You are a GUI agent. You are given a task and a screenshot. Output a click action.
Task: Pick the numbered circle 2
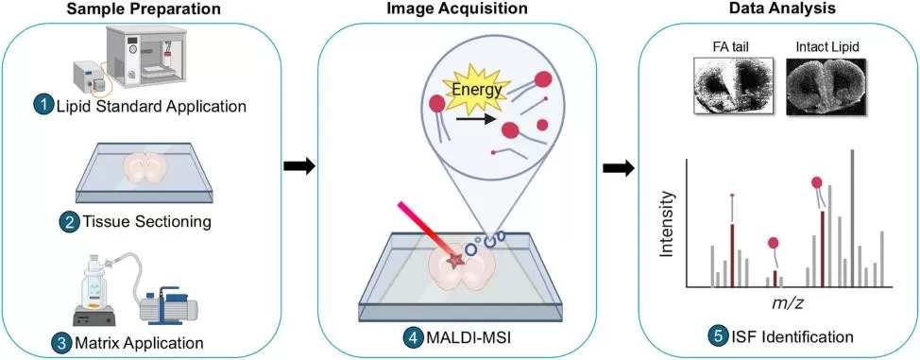(x=68, y=223)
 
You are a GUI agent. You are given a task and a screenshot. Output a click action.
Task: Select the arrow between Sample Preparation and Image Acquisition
(x=298, y=167)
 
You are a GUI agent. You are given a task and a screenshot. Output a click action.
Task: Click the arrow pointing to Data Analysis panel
(x=618, y=167)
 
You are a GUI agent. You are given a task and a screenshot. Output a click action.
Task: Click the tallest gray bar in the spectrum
(x=852, y=217)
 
